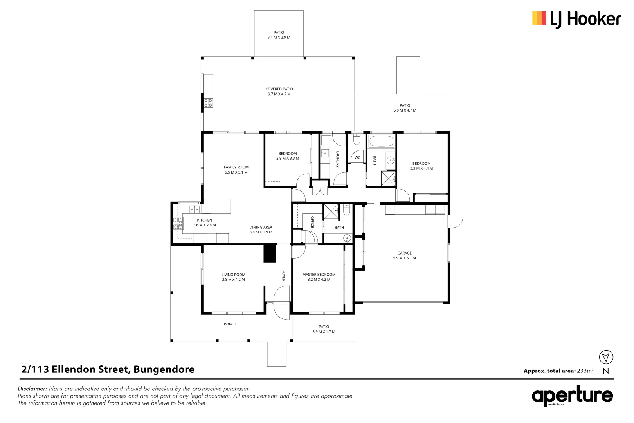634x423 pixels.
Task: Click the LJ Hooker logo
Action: [x=576, y=19]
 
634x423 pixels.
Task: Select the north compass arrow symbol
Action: [x=606, y=357]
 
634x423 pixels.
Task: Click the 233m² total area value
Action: [x=585, y=371]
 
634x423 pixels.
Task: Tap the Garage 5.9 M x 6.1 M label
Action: [x=404, y=255]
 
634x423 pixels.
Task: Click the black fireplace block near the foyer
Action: [x=270, y=253]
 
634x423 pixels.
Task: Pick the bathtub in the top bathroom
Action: [x=381, y=141]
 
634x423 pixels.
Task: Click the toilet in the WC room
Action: [x=357, y=139]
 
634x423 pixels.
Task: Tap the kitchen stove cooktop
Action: [x=178, y=223]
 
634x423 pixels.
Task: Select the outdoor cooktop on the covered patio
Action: [x=208, y=103]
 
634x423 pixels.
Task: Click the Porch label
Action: [x=230, y=324]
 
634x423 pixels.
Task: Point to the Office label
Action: [x=312, y=222]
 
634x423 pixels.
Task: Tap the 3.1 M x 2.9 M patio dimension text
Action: [x=279, y=38]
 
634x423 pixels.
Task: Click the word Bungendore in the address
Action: [x=164, y=369]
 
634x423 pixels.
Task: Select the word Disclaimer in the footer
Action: [x=32, y=389]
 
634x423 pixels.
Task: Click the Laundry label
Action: [x=337, y=159]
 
